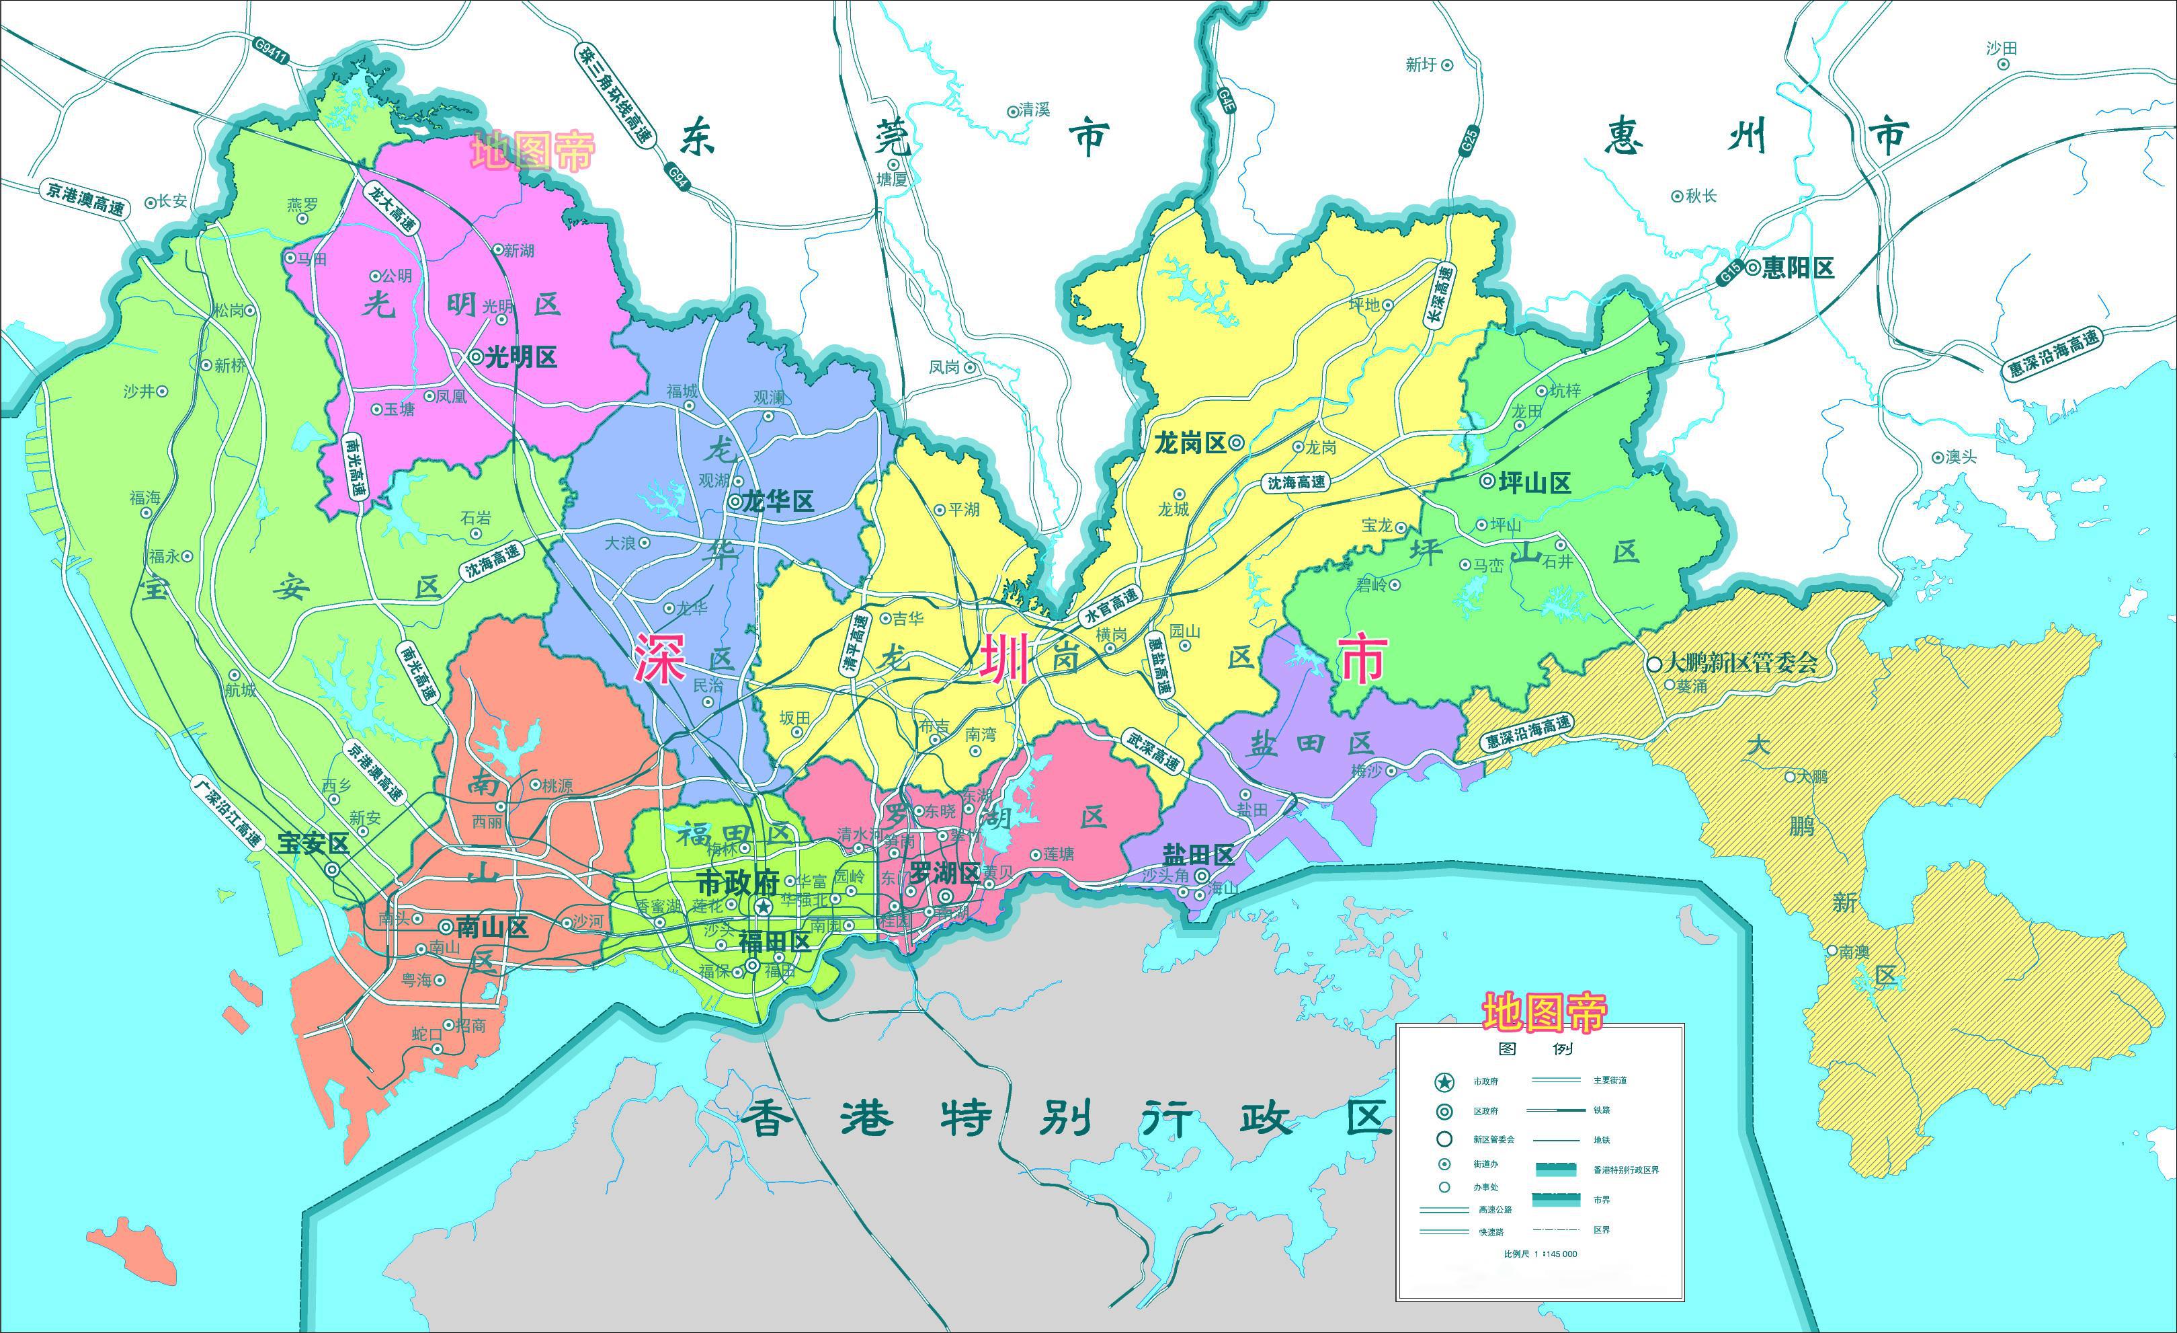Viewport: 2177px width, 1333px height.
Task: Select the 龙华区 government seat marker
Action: (x=735, y=501)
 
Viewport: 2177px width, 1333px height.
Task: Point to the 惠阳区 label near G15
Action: (x=1797, y=268)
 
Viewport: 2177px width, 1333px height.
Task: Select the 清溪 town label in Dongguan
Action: (x=1034, y=110)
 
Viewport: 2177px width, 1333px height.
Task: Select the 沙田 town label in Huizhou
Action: (x=2001, y=48)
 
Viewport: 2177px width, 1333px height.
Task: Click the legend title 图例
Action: (x=1536, y=1049)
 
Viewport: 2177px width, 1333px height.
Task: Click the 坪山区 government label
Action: (x=1536, y=483)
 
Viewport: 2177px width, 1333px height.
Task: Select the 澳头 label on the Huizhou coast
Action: (x=1961, y=457)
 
